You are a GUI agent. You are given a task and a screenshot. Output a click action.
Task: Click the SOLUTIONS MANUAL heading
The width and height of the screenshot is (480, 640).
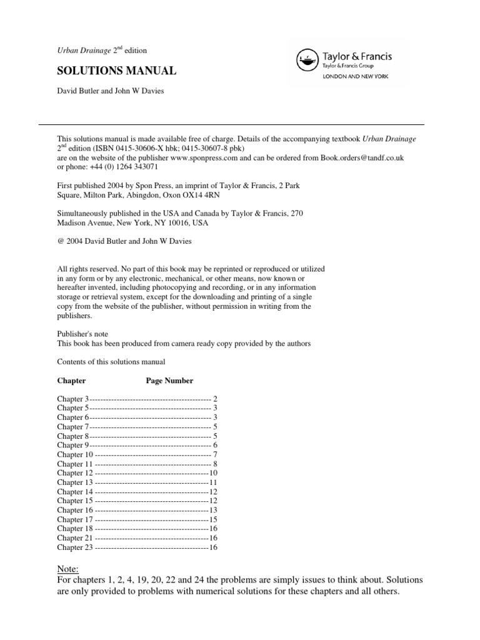[117, 71]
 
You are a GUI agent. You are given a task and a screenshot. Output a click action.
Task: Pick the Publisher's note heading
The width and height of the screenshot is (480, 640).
[82, 334]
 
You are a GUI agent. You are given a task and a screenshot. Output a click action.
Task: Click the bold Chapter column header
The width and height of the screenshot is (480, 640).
[71, 380]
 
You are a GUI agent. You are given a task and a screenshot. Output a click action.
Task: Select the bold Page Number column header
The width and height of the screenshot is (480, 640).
[169, 380]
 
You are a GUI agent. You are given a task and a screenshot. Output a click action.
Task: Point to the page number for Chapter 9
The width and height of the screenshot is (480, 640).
[215, 445]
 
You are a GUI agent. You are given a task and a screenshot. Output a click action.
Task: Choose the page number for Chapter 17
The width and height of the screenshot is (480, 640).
[213, 519]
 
